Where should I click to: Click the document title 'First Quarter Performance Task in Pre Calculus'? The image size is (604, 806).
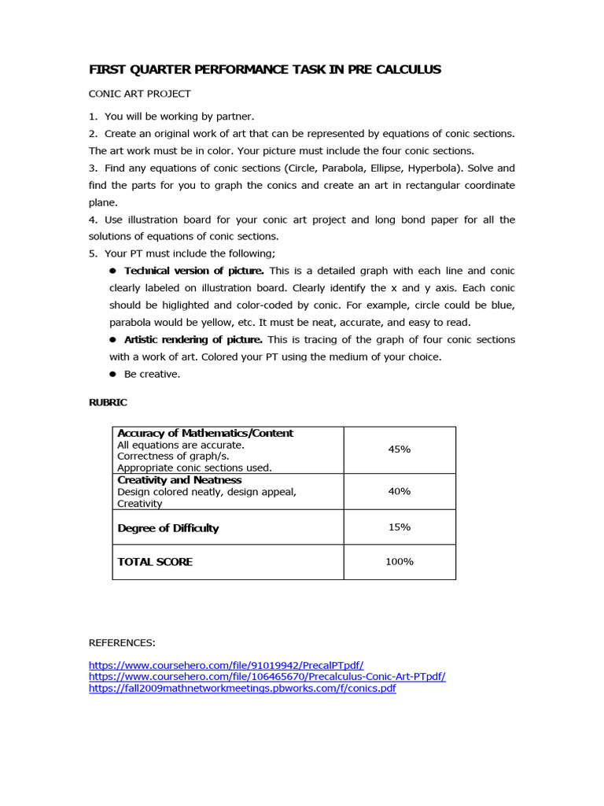(265, 69)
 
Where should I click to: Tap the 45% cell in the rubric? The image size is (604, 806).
(399, 449)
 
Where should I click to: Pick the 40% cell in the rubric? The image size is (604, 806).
(399, 491)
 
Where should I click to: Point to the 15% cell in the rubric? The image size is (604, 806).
(399, 527)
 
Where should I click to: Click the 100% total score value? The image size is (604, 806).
(399, 561)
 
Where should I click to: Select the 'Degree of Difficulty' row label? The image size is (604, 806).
(168, 528)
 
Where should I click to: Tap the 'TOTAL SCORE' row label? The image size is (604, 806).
(155, 562)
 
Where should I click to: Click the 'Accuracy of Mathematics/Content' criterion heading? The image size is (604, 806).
(205, 433)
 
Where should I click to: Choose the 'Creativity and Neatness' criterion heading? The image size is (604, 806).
(179, 479)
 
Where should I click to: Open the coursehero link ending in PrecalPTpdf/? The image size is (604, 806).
(226, 664)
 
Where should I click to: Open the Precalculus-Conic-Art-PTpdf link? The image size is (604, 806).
(267, 676)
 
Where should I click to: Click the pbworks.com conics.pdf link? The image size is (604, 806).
(242, 688)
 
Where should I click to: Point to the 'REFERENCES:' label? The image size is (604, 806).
(122, 643)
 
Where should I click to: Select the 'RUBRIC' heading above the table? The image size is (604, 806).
(108, 402)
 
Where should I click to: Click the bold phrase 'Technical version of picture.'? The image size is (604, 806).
(193, 271)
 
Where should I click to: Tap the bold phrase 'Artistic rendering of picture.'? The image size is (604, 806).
(193, 339)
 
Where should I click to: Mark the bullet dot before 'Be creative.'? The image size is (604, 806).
(113, 375)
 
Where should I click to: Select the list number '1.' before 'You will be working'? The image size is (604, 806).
(94, 116)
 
